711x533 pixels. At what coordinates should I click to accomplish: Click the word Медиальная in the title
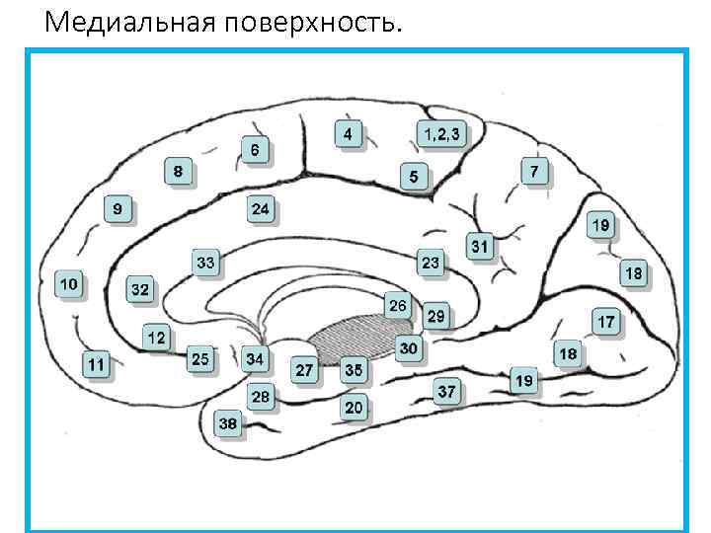tap(124, 21)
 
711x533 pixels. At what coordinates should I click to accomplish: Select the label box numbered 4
tap(348, 133)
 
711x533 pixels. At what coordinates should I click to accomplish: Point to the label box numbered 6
tap(255, 150)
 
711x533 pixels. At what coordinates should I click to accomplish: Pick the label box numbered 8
tap(178, 172)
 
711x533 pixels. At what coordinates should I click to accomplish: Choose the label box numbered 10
tap(68, 284)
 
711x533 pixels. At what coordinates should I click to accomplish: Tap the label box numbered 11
tap(96, 365)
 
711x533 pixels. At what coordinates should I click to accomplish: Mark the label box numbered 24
tap(261, 209)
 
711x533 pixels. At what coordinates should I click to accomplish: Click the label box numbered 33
tap(205, 263)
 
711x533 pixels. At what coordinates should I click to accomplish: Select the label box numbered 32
tap(140, 290)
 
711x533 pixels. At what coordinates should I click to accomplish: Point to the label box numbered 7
tap(534, 172)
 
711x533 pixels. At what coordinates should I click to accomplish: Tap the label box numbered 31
tap(480, 246)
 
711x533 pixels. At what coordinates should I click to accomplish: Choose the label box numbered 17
tap(606, 322)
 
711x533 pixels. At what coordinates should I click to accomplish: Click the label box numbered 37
tap(447, 391)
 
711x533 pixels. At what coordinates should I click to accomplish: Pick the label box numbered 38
tap(228, 423)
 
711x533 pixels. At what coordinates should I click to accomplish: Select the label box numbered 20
tap(354, 407)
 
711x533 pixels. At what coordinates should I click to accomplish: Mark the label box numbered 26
tap(397, 305)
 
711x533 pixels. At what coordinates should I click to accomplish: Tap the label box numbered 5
tap(414, 178)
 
